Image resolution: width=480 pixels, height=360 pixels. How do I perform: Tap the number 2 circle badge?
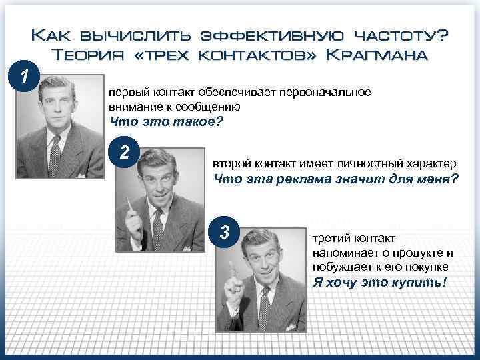(124, 153)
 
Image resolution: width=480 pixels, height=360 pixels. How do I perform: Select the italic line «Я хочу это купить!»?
(379, 282)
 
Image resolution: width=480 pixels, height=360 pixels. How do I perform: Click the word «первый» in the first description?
(126, 92)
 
